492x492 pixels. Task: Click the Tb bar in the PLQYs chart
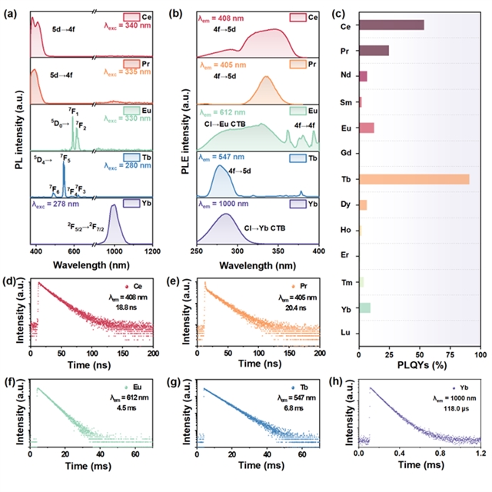pyautogui.click(x=414, y=179)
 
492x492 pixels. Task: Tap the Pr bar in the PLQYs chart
pyautogui.click(x=374, y=51)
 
